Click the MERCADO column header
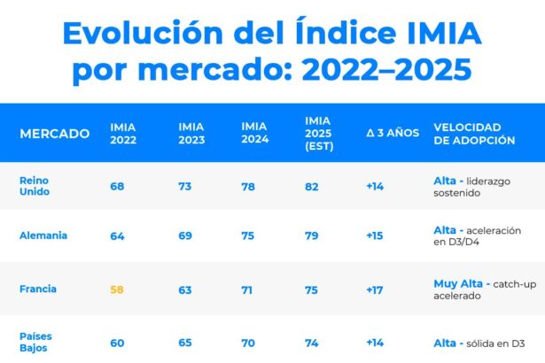tap(54, 134)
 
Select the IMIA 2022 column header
tap(122, 134)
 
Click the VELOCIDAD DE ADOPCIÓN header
tap(473, 134)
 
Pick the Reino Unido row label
tap(35, 186)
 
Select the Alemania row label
tap(43, 236)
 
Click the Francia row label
tap(37, 290)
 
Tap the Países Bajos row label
tap(36, 342)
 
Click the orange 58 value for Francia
tap(117, 290)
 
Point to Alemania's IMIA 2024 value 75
tap(249, 236)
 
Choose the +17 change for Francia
tap(376, 290)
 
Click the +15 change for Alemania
tap(376, 236)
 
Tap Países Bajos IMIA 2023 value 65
tap(184, 342)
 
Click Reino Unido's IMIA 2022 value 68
tap(117, 187)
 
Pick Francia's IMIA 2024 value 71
tap(249, 290)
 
